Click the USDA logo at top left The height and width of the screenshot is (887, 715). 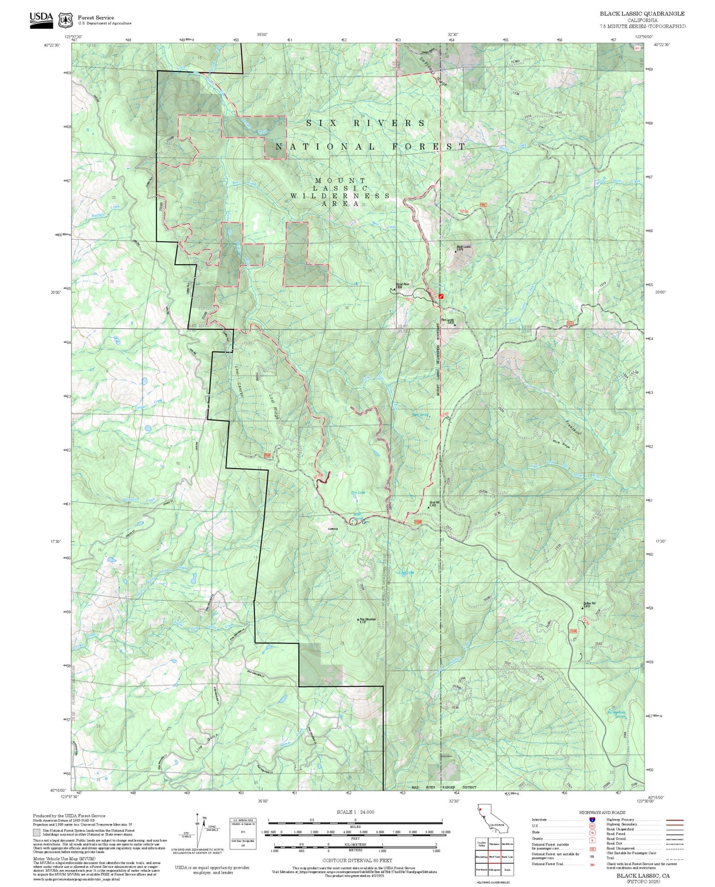[41, 20]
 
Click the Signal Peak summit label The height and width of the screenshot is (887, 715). [403, 286]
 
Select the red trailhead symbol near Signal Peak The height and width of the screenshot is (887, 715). [441, 296]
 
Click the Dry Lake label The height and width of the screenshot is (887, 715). [357, 493]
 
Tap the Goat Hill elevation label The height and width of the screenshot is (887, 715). [433, 504]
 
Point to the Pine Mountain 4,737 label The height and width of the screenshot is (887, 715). [368, 621]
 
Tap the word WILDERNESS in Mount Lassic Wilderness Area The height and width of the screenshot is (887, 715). [340, 196]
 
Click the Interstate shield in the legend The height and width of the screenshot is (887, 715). [592, 819]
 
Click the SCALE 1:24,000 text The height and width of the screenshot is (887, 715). [355, 812]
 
